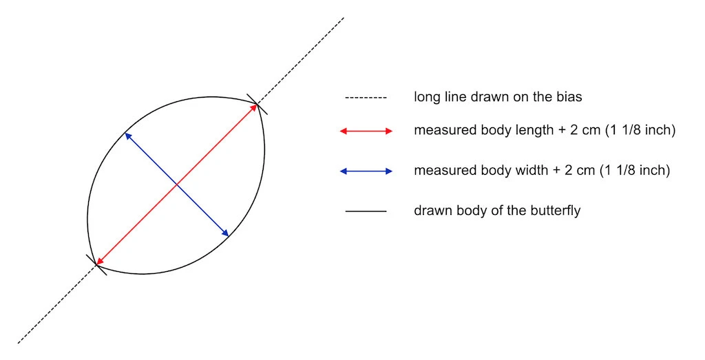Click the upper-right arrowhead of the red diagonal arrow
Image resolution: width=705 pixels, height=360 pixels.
pyautogui.click(x=255, y=108)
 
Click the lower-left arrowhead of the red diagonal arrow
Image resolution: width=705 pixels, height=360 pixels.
pyautogui.click(x=99, y=262)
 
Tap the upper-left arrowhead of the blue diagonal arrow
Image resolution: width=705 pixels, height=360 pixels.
pyautogui.click(x=127, y=136)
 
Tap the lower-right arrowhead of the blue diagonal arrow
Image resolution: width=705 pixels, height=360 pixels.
pyautogui.click(x=226, y=234)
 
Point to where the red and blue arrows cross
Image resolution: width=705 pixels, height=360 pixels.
pyautogui.click(x=177, y=184)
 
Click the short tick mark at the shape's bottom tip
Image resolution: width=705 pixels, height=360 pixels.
pyautogui.click(x=96, y=265)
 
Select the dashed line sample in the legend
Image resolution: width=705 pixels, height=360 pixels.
pyautogui.click(x=366, y=98)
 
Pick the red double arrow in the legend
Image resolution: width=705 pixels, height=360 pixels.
pyautogui.click(x=366, y=131)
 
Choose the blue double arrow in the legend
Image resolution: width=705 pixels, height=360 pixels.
pyautogui.click(x=366, y=171)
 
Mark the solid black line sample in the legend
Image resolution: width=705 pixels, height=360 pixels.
pyautogui.click(x=366, y=211)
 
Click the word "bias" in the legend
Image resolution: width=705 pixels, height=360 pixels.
pyautogui.click(x=569, y=97)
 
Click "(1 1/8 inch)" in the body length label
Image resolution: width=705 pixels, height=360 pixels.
pyautogui.click(x=638, y=130)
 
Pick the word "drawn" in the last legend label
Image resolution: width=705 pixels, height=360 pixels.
pyautogui.click(x=432, y=210)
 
